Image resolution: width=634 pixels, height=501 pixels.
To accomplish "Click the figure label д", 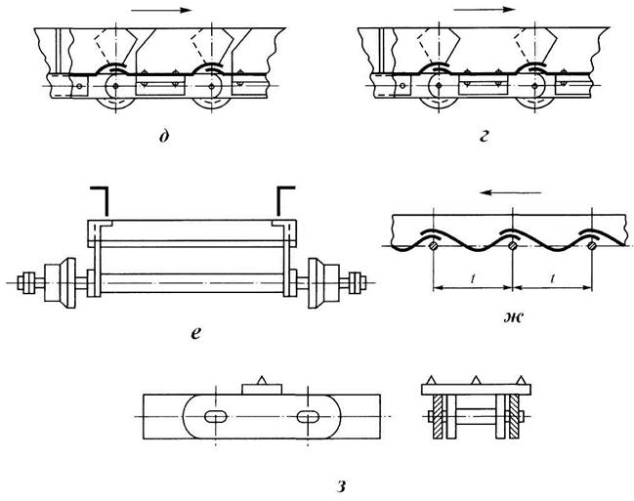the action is coord(163,137).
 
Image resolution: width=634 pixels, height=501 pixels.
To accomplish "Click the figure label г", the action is coord(484,137).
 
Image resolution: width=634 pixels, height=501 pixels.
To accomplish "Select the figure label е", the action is coord(195,333).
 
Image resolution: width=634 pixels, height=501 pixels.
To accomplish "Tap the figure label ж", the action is coord(514,317).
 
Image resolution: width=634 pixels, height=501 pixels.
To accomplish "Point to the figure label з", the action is coord(342,486).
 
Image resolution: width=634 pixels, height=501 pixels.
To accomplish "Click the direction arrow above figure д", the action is coord(161,10).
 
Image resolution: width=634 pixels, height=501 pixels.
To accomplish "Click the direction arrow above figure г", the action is coord(484,10).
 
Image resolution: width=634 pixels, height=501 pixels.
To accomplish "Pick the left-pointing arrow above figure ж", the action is coord(511,192).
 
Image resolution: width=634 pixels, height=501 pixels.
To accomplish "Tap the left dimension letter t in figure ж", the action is coord(473,278).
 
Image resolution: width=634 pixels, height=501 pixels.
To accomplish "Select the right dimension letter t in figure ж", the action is coord(552,278).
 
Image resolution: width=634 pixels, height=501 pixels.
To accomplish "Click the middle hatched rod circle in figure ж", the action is coord(513,245).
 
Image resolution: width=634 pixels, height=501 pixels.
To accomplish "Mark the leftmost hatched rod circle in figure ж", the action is coord(434,245).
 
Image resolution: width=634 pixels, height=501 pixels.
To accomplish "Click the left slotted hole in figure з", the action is coord(216,416).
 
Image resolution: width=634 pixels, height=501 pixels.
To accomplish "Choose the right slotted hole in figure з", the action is coord(308,416).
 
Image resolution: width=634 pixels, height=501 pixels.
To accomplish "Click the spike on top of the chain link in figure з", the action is coord(261,380).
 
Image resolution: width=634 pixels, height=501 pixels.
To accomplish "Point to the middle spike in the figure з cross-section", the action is coord(476,380).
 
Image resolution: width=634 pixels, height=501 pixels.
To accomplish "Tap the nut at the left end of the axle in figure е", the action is coord(26,282).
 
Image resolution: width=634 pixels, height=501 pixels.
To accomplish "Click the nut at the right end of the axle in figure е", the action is coord(358,282).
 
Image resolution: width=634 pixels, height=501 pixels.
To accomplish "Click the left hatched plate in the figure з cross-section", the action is coord(439,417).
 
